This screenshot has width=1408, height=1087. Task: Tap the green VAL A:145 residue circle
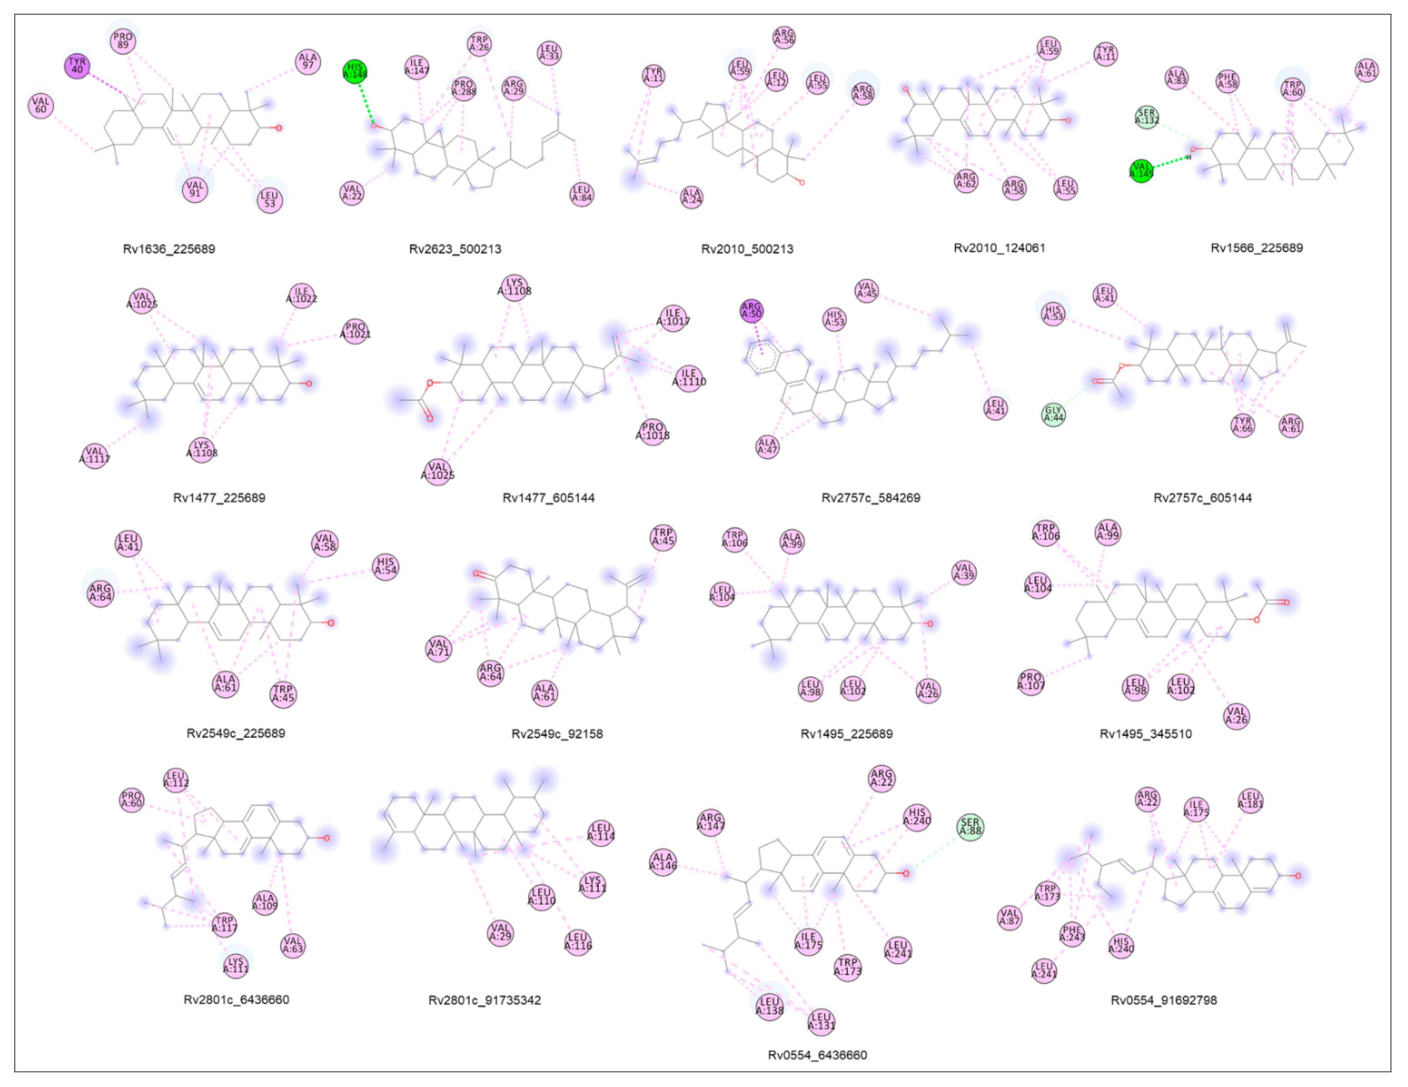pos(1141,170)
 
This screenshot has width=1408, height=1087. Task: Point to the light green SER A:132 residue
pos(1147,117)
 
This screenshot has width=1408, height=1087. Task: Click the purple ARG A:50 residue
pos(751,311)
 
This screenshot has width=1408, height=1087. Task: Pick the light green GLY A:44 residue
pos(1053,414)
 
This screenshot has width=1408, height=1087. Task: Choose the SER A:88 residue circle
pos(969,827)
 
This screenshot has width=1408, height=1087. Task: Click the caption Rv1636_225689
pos(169,249)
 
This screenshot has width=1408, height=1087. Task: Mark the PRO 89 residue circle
pos(123,41)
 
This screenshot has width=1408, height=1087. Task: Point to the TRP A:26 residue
pos(479,44)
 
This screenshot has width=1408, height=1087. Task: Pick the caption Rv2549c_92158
pos(557,734)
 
